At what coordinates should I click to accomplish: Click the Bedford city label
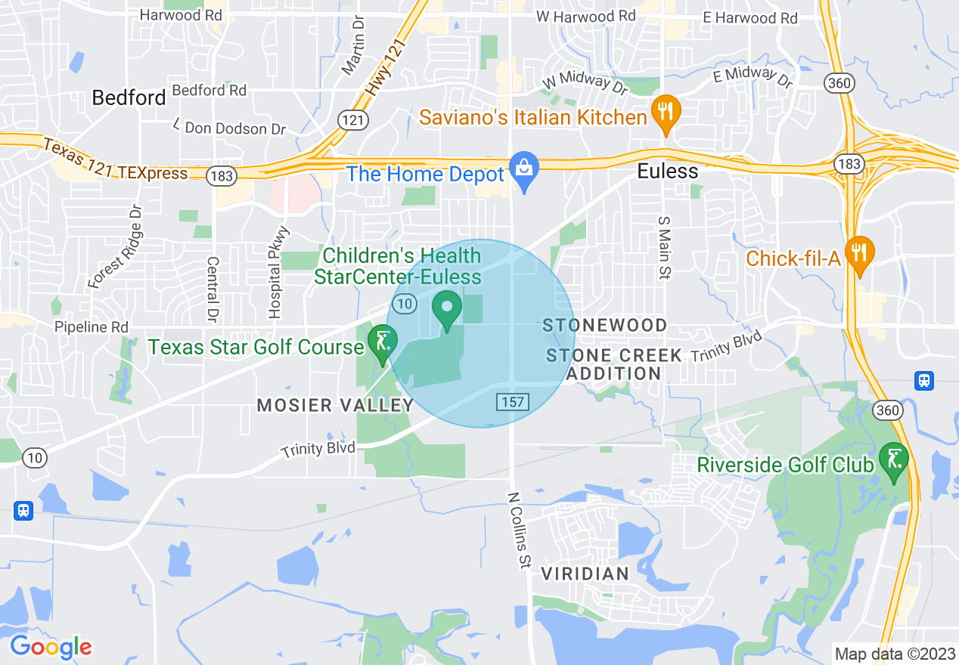point(129,97)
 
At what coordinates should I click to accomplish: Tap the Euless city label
point(667,172)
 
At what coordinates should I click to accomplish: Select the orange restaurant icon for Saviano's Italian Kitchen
point(666,113)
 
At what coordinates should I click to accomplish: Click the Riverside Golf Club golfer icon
point(894,460)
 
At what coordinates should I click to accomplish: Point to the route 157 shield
point(512,401)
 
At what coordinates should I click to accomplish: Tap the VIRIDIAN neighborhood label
point(585,574)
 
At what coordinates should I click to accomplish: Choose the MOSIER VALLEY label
point(335,405)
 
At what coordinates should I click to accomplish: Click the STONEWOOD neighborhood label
point(605,326)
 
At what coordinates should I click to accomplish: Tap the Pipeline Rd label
point(92,328)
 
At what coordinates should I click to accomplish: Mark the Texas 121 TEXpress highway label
point(115,159)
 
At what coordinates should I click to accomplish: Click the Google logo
point(51,647)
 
